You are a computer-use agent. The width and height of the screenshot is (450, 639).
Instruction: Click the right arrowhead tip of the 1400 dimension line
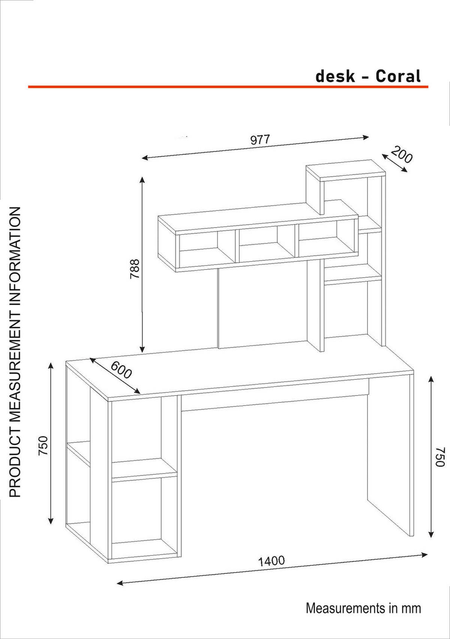pyautogui.click(x=428, y=554)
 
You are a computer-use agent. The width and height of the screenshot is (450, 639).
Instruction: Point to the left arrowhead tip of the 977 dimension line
pyautogui.click(x=142, y=158)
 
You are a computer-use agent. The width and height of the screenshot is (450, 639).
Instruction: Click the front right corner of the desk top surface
pyautogui.click(x=414, y=372)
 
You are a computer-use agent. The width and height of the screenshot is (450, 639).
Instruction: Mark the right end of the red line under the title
pyautogui.click(x=428, y=87)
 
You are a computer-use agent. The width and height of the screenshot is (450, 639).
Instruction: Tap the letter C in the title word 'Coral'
pyautogui.click(x=381, y=77)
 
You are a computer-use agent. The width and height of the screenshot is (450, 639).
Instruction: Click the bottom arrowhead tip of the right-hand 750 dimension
pyautogui.click(x=432, y=537)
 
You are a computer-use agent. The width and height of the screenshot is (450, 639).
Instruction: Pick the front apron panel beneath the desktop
pyautogui.click(x=275, y=394)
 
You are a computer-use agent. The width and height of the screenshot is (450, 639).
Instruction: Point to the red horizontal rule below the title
pyautogui.click(x=228, y=87)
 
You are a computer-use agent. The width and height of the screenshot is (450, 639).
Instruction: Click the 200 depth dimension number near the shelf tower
pyautogui.click(x=402, y=154)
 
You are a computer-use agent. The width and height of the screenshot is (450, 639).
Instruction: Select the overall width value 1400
pyautogui.click(x=271, y=561)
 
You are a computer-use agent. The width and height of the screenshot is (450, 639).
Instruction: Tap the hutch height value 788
pyautogui.click(x=135, y=269)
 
